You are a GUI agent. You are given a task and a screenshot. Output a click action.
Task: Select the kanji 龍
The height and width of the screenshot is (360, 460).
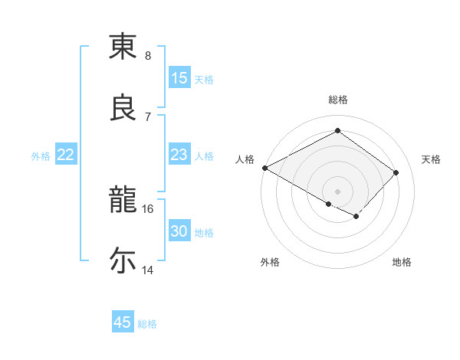(123, 199)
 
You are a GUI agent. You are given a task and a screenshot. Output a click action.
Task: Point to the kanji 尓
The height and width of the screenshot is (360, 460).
(123, 260)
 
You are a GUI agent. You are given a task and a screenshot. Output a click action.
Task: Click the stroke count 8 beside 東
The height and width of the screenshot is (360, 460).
(148, 55)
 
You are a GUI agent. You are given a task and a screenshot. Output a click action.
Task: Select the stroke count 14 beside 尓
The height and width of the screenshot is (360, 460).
(148, 269)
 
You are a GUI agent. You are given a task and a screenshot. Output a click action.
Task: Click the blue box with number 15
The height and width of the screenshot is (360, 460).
(179, 78)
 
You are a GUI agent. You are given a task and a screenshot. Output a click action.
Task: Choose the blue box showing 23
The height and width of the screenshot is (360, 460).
(179, 155)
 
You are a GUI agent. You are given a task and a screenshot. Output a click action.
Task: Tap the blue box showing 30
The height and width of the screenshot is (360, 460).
(179, 232)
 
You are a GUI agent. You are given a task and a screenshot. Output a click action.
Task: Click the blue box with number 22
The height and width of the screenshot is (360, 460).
(65, 155)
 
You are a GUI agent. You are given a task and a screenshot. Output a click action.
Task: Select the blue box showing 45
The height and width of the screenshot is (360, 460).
(123, 322)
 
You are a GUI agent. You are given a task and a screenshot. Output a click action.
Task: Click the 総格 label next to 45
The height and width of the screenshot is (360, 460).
(147, 324)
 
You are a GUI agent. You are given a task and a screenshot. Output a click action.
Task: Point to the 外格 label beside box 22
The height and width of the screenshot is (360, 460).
(41, 156)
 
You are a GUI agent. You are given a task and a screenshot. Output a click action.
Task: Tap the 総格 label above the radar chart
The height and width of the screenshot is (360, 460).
(337, 100)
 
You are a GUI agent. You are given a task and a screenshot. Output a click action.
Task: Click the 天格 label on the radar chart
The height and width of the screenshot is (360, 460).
(431, 159)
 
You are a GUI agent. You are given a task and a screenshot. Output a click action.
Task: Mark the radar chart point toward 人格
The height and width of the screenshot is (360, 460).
(264, 168)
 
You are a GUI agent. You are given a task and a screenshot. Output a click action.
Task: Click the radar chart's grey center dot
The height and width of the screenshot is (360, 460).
(337, 191)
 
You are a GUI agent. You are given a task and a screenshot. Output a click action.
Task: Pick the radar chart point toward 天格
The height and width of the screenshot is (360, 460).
(396, 172)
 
